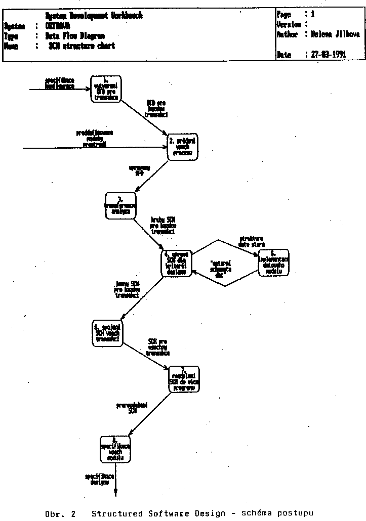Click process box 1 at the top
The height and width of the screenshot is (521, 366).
point(106,89)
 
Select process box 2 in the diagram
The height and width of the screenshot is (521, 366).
point(182,147)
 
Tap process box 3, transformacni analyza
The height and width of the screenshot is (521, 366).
point(121,205)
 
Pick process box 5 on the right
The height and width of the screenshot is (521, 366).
point(274,263)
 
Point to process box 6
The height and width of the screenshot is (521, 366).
point(107,334)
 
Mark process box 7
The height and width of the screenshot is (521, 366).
point(184,379)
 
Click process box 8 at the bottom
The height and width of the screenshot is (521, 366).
point(115,448)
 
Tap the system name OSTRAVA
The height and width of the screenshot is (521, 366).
point(58,26)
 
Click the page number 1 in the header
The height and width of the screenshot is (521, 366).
point(313,15)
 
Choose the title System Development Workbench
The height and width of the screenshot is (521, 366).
point(94,16)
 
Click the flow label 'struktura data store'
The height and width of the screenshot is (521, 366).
point(252,241)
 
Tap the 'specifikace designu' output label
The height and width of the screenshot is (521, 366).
point(100,480)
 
